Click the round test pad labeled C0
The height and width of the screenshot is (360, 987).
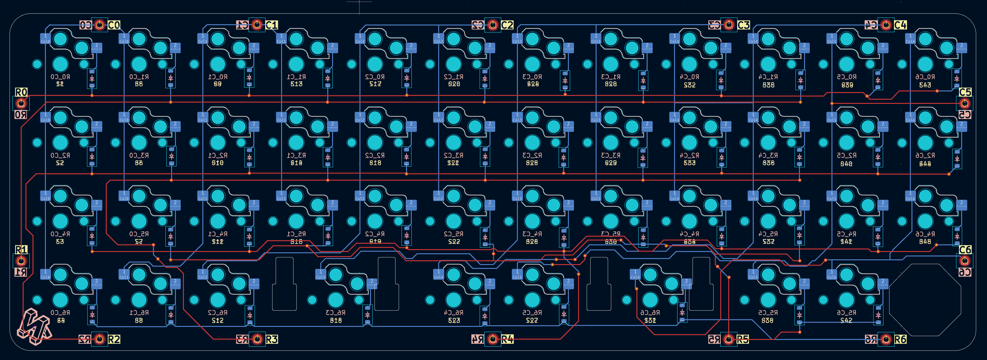(x=100, y=25)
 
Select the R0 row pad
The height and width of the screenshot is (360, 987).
(x=21, y=103)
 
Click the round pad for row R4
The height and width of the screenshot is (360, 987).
(x=493, y=339)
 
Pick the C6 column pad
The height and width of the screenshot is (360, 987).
(x=964, y=261)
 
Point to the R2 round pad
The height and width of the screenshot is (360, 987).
(x=100, y=339)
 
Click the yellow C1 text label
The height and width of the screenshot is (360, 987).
(x=272, y=25)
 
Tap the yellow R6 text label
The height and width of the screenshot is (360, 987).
(x=900, y=339)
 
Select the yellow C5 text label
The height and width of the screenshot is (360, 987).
(x=965, y=92)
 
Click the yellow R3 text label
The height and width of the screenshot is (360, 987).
(x=272, y=339)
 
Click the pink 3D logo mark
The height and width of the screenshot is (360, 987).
(x=34, y=326)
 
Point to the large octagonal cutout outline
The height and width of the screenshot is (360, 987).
(x=925, y=300)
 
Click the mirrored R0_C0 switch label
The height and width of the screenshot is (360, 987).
(x=60, y=77)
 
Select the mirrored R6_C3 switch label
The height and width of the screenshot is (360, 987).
(x=336, y=313)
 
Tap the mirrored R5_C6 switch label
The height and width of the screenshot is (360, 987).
(x=846, y=313)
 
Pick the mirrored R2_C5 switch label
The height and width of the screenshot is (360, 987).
(x=846, y=155)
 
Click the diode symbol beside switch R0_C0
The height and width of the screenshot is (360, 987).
(x=92, y=79)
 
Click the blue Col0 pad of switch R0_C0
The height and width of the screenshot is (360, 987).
(x=45, y=39)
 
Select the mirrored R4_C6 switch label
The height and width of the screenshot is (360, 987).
(x=925, y=234)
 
